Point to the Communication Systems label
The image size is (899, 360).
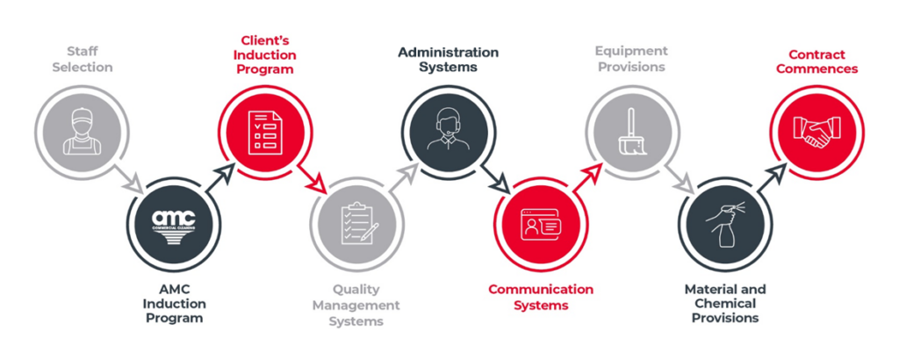pos(541,297)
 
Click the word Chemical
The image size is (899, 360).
pos(724,303)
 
